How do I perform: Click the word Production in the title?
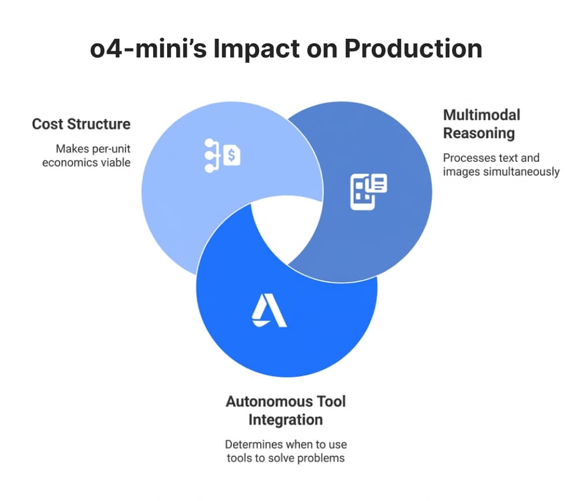[x=413, y=49]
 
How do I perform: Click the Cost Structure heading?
[x=81, y=124]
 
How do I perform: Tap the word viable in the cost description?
[x=116, y=162]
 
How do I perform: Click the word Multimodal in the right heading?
[x=482, y=115]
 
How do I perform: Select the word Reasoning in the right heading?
[x=479, y=133]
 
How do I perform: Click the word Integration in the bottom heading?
[x=286, y=420]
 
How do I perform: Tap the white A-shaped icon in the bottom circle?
[x=269, y=312]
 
